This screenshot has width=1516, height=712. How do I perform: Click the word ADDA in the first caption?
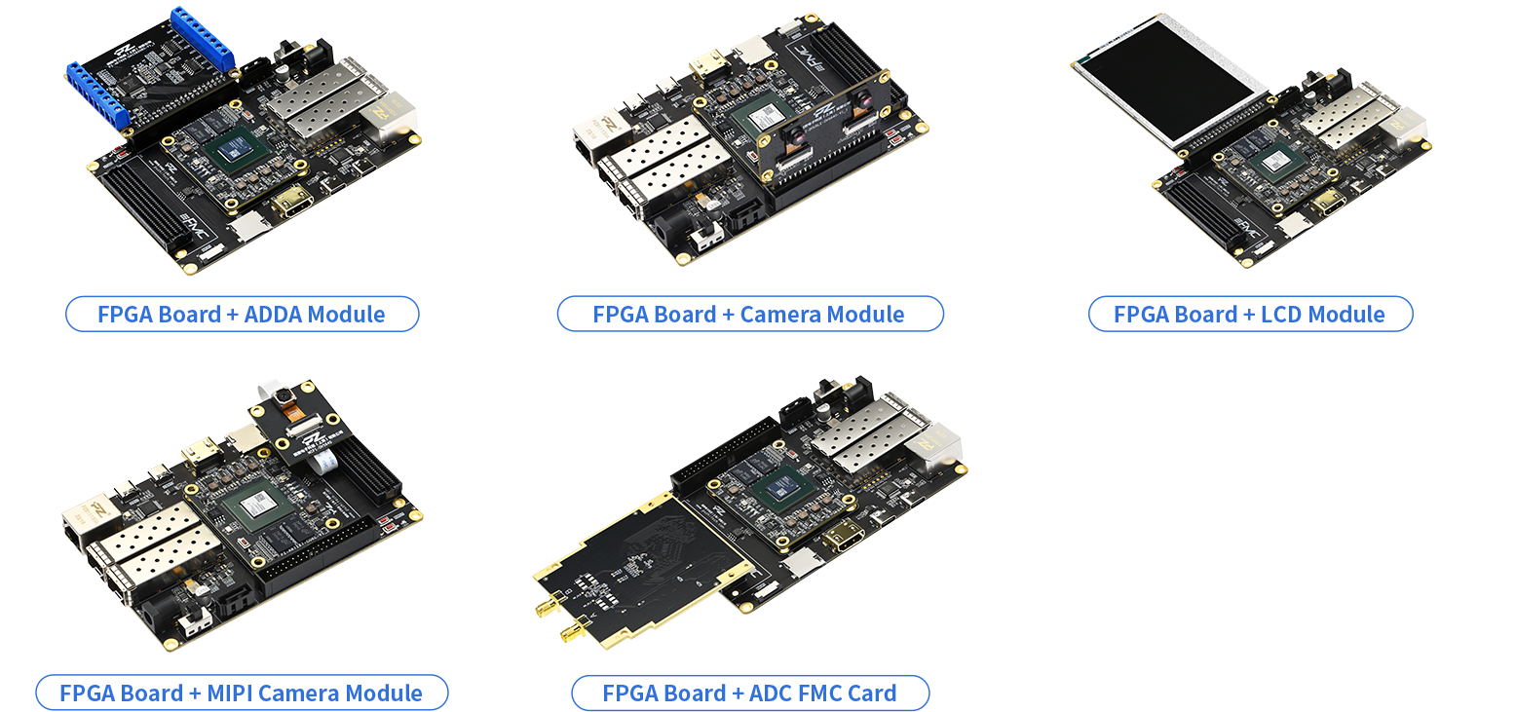coord(273,314)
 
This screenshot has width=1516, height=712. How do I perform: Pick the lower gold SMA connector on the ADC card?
coord(575,631)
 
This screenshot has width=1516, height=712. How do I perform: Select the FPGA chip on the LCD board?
coord(1276,164)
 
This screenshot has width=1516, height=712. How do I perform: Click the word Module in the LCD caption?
coord(1346,314)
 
